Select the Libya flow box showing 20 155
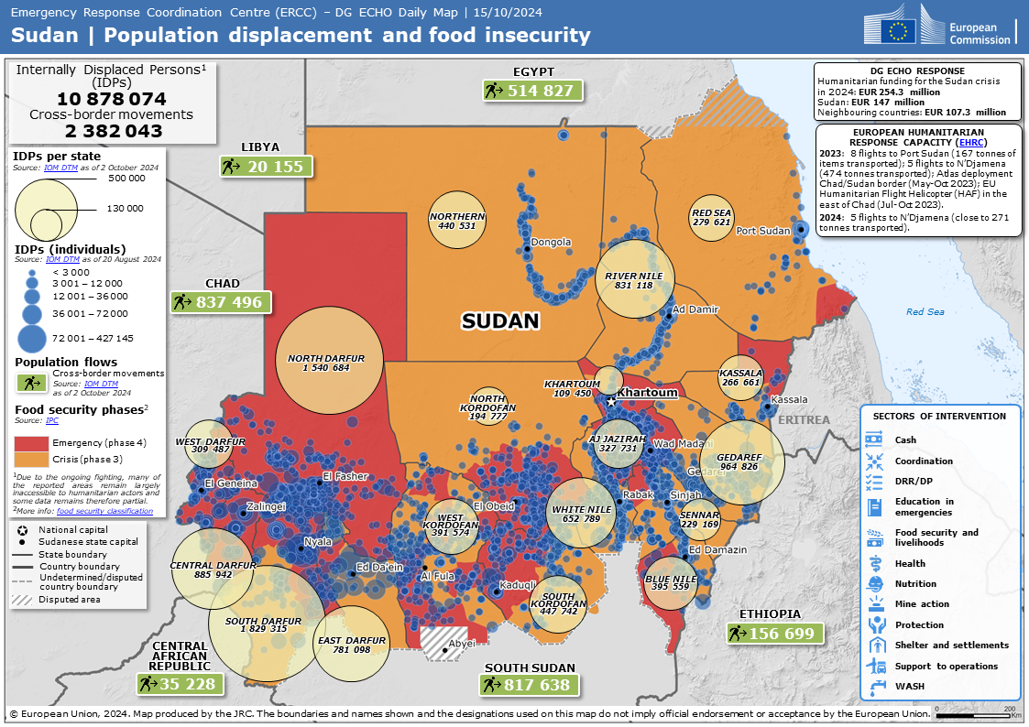[x=267, y=166]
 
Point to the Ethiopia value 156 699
[x=774, y=633]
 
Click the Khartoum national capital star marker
[x=611, y=401]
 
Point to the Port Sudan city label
[x=762, y=231]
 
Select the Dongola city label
[x=552, y=243]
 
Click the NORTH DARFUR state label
[x=326, y=358]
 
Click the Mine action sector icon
[x=874, y=604]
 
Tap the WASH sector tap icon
[x=874, y=686]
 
